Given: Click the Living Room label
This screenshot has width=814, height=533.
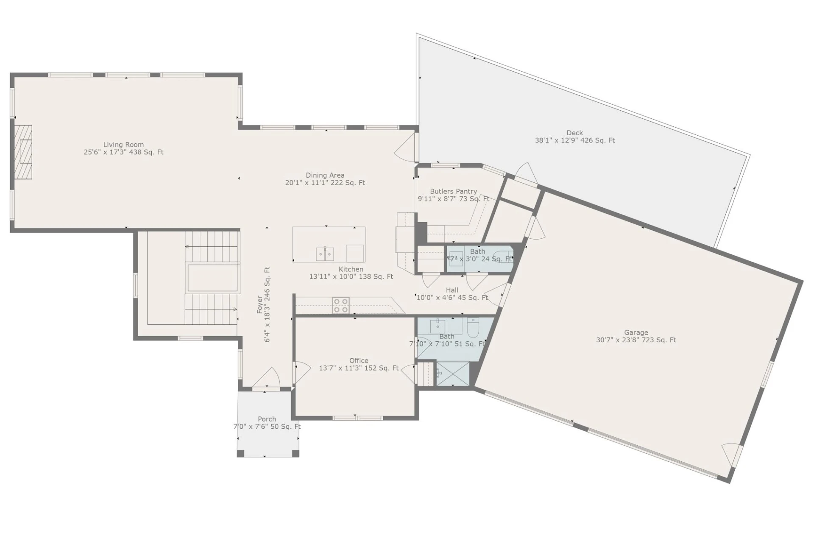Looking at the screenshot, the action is click(123, 145).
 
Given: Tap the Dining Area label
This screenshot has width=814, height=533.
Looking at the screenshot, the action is click(325, 175).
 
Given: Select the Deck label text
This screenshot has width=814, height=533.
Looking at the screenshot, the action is click(574, 133).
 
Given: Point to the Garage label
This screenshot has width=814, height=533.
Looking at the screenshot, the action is click(636, 332).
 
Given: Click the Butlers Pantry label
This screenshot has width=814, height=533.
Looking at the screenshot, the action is click(453, 191).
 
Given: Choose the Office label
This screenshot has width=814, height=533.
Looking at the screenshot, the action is click(359, 361).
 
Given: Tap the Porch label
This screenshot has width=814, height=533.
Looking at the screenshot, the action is click(267, 419).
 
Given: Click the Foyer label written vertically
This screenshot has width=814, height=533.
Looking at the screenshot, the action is click(260, 305).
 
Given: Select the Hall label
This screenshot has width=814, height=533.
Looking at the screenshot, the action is click(452, 290).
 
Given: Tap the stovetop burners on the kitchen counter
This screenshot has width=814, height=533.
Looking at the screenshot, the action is click(341, 305).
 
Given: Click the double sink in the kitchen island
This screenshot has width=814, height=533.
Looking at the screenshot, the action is click(325, 254).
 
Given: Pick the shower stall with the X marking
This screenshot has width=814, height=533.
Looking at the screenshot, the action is click(453, 374).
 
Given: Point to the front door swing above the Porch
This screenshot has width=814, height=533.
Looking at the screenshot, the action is click(267, 377).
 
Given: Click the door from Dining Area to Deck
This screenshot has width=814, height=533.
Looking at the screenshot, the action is click(405, 146).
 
